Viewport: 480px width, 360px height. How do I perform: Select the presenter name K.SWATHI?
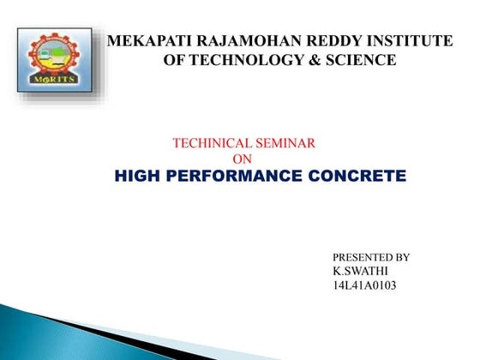[x=356, y=271]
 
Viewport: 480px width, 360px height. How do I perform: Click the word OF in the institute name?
[x=175, y=60]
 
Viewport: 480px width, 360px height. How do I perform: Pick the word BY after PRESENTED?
[x=402, y=257]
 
